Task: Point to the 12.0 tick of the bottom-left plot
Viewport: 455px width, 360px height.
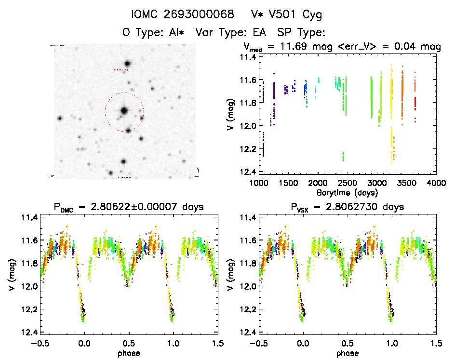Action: (x=27, y=286)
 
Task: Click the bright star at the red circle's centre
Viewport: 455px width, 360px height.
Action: (x=124, y=110)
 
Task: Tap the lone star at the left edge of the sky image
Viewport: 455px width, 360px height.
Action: (x=60, y=118)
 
